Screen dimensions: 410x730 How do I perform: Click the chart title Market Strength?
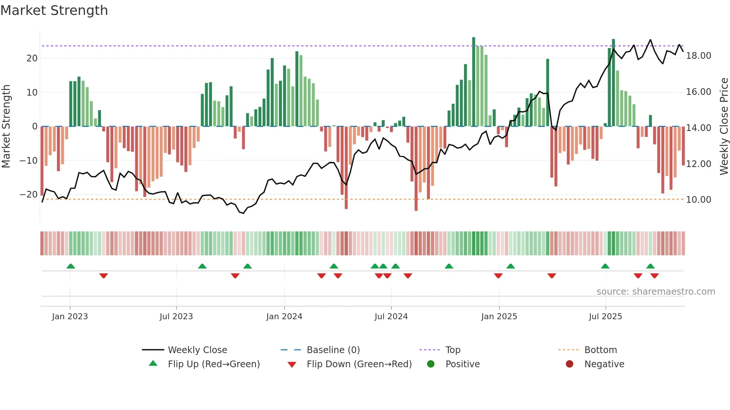click(x=54, y=10)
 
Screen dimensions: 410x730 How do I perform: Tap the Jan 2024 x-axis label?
click(x=284, y=317)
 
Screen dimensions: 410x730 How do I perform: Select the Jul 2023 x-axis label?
click(x=176, y=317)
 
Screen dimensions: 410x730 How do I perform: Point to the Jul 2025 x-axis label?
click(x=605, y=317)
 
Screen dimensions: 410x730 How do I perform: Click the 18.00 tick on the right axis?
click(x=698, y=56)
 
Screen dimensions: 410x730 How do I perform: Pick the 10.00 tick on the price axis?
click(x=698, y=200)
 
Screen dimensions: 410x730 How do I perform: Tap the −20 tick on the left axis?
click(x=28, y=195)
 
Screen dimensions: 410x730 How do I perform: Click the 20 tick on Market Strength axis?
click(x=32, y=58)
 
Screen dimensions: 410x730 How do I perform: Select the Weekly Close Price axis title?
click(x=724, y=126)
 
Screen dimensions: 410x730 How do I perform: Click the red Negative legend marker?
click(x=569, y=364)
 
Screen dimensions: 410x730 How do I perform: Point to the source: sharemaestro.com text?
click(x=656, y=292)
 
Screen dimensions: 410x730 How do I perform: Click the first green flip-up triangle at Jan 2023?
click(x=70, y=266)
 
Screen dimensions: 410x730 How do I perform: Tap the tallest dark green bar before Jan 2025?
click(x=474, y=82)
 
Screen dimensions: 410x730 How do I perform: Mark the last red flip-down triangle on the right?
click(x=654, y=276)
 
